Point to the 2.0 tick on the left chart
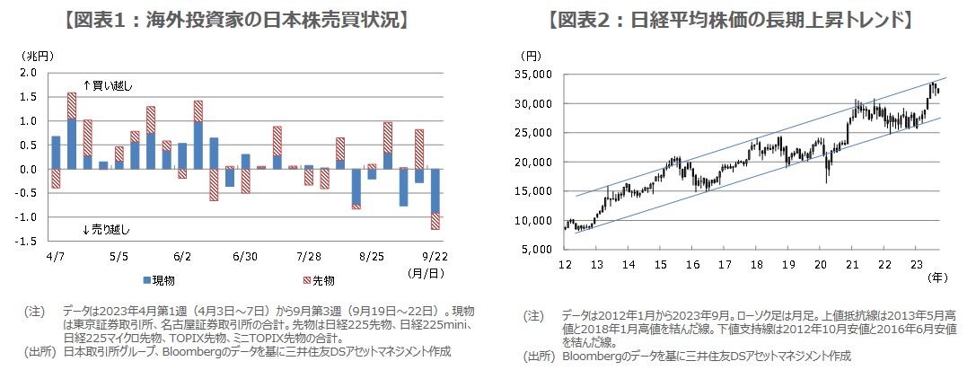pyautogui.click(x=28, y=73)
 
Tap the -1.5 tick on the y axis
pyautogui.click(x=26, y=242)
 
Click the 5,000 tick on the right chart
pyautogui.click(x=539, y=250)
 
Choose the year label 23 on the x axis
pyautogui.click(x=915, y=265)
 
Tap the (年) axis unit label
pyautogui.click(x=934, y=279)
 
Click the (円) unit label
pyautogui.click(x=532, y=57)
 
